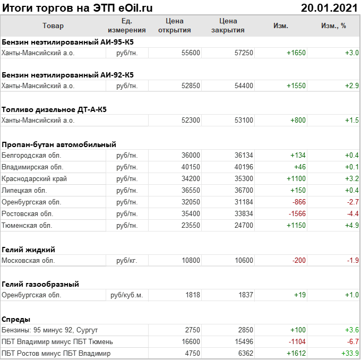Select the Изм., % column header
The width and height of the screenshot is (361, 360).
333,25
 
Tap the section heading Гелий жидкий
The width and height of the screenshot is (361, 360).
29,250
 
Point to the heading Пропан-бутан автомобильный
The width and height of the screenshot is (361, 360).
59,144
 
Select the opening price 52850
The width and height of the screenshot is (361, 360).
191,85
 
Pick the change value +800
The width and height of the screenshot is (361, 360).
298,121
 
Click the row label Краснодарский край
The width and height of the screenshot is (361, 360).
35,179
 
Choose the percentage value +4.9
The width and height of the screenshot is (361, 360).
352,226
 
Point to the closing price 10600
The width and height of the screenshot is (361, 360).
244,261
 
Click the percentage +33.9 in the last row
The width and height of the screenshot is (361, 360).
350,354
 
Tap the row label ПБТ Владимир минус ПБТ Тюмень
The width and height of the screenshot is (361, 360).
57,342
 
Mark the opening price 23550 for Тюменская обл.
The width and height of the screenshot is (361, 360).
191,226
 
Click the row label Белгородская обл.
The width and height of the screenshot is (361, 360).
32,156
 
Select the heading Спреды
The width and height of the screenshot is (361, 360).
16,319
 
